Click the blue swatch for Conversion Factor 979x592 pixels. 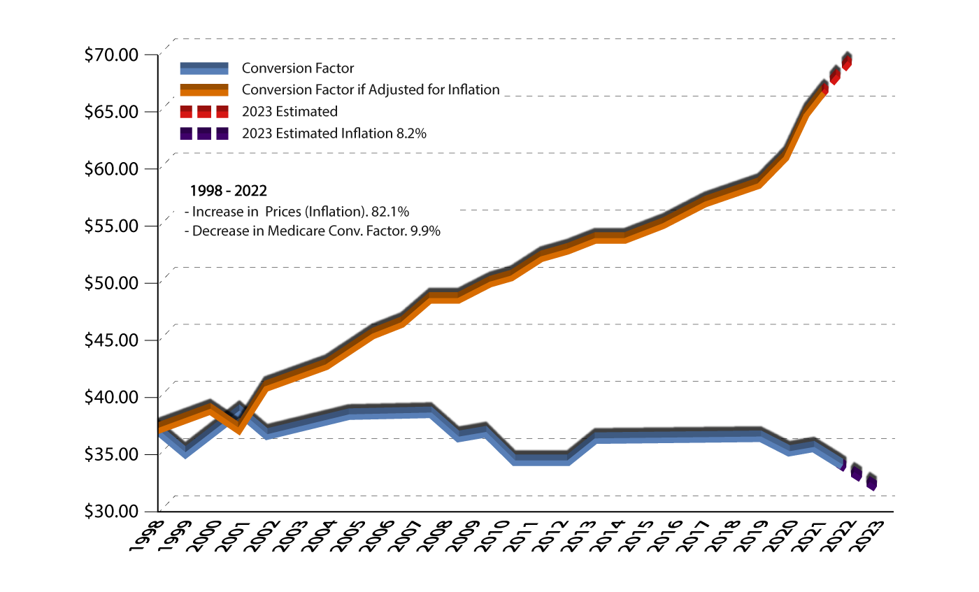[x=203, y=68]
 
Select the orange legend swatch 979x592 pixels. [x=203, y=90]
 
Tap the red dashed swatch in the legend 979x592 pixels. [x=203, y=112]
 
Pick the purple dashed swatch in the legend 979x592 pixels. [x=203, y=133]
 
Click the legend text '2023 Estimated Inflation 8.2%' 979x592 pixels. [x=334, y=133]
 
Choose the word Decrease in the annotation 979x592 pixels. [x=217, y=231]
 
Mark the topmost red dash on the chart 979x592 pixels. [x=847, y=64]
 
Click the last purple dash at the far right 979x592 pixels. [x=871, y=484]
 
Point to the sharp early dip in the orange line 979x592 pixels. [x=239, y=428]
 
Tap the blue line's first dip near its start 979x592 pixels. [x=185, y=453]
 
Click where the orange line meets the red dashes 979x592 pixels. [x=824, y=90]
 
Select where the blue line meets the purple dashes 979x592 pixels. [x=842, y=464]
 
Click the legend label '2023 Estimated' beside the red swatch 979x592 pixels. [x=290, y=112]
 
